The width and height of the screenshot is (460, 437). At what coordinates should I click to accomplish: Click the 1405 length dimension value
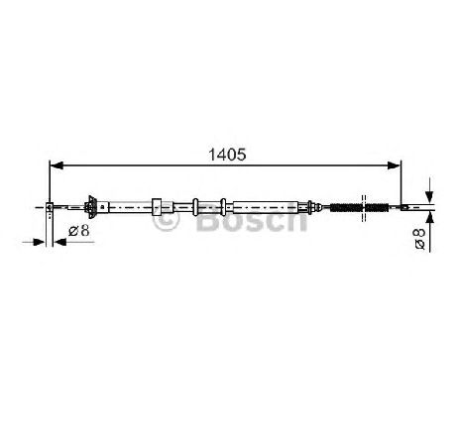pos(227,155)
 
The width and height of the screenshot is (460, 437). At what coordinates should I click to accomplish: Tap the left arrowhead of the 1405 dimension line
pos(56,165)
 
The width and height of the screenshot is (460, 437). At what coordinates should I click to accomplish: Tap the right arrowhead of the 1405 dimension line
pos(394,165)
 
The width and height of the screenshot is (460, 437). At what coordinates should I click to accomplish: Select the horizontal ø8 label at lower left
pos(79,231)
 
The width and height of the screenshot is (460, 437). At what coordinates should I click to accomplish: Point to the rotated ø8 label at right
pos(419,239)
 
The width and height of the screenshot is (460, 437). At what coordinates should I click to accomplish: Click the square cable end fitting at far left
pos(49,207)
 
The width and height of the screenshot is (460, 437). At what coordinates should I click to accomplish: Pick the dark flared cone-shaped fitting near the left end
pos(92,207)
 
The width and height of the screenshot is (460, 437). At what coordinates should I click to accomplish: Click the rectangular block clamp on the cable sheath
pos(157,207)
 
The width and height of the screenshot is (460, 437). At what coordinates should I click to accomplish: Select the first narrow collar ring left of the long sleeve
pos(195,207)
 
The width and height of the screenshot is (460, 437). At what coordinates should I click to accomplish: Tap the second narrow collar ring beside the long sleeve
pos(223,207)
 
